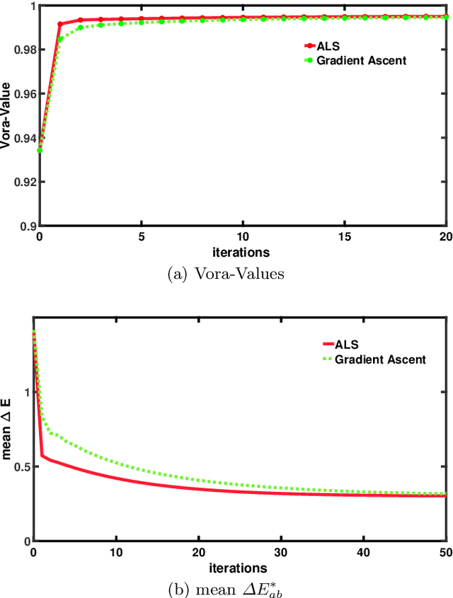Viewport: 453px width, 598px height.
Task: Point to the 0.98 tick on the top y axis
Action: point(25,50)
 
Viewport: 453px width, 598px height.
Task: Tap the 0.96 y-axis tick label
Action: point(25,94)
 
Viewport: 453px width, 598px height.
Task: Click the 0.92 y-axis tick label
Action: point(25,182)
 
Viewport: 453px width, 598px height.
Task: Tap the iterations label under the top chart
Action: point(242,251)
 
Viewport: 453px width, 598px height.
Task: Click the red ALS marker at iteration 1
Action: point(59,24)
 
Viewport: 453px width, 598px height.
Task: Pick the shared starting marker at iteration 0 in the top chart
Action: point(40,150)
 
